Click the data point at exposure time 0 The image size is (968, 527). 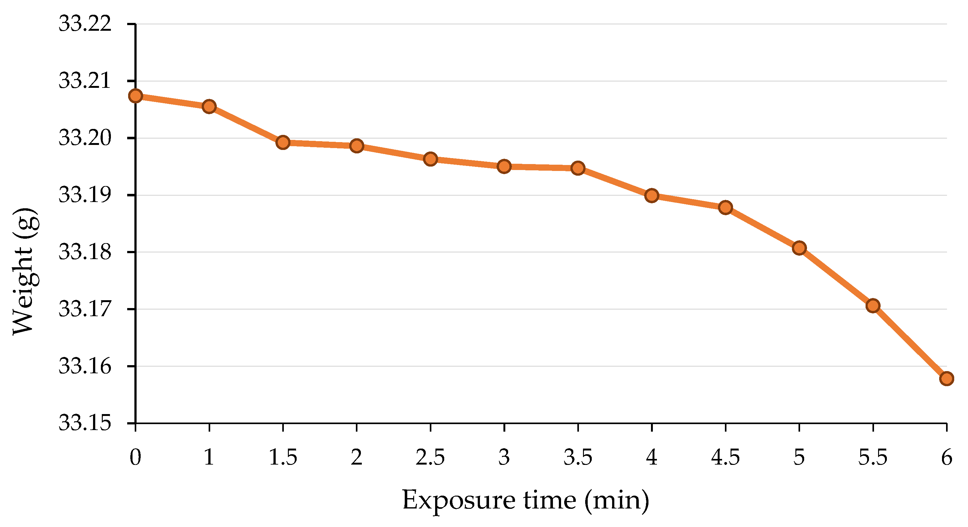(x=135, y=96)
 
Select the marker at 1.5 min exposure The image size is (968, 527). (x=283, y=142)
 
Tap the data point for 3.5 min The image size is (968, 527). (x=578, y=168)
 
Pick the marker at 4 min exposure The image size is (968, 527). (x=652, y=196)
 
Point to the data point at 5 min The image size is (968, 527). (x=799, y=248)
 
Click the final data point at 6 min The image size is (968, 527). (x=947, y=378)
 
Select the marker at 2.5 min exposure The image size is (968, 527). (x=430, y=159)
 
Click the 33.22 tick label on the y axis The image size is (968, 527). (x=85, y=24)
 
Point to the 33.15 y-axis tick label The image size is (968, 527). (x=85, y=423)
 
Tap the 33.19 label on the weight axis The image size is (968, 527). (x=85, y=195)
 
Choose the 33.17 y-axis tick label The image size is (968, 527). (x=85, y=309)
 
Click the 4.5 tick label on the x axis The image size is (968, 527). (x=725, y=457)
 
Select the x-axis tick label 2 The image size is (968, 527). (x=356, y=457)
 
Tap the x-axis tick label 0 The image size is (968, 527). (x=135, y=457)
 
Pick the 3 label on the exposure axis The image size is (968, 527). (x=504, y=457)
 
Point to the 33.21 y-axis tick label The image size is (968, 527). (x=85, y=81)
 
